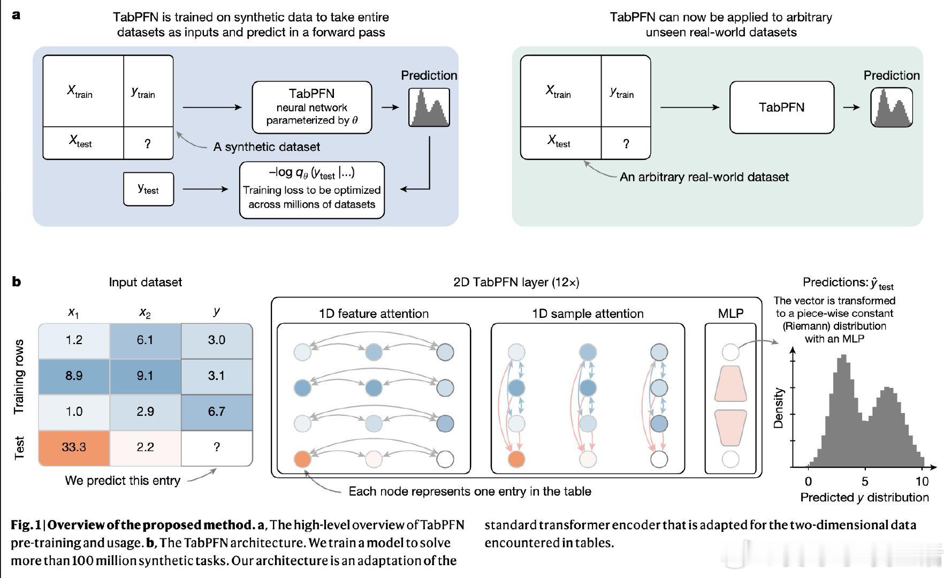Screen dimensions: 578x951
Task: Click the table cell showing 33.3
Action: [x=74, y=447]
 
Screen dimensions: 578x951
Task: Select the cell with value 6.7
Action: [x=216, y=412]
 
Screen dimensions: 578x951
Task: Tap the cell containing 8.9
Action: [x=74, y=376]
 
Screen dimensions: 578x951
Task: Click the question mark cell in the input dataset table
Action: [x=216, y=447]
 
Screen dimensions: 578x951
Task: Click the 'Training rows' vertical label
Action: [x=19, y=376]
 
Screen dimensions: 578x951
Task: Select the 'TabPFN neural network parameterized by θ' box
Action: [x=311, y=107]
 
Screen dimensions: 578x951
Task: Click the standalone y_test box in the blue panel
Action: [x=148, y=189]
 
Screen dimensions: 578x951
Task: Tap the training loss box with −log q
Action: [x=311, y=190]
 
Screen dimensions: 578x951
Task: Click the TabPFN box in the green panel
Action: [x=781, y=107]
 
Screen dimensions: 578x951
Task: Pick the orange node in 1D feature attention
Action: [x=302, y=459]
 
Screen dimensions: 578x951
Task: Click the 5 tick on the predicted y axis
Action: [x=865, y=481]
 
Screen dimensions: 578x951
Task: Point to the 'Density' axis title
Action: [x=779, y=408]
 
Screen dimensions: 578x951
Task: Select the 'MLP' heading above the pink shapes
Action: [x=731, y=314]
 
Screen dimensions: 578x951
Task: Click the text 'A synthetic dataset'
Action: [x=267, y=147]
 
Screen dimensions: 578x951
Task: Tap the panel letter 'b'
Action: [x=17, y=282]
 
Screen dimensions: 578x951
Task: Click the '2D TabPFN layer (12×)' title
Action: [x=516, y=282]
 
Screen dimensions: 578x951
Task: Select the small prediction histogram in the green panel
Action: [x=891, y=108]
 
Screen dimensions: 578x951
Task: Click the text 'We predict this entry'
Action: [x=123, y=480]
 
